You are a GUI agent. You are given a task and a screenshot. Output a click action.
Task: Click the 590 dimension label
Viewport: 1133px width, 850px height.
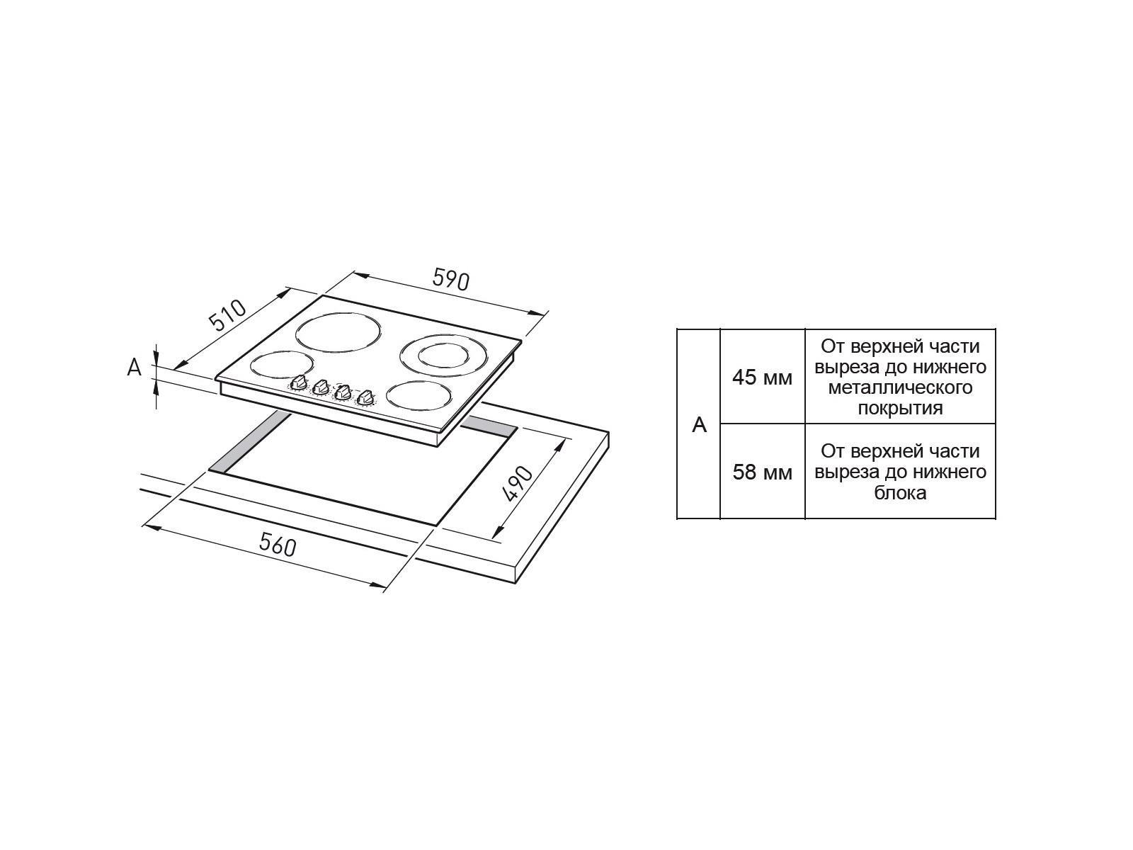pyautogui.click(x=450, y=280)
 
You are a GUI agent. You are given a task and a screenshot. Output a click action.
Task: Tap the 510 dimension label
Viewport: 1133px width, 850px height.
pyautogui.click(x=227, y=314)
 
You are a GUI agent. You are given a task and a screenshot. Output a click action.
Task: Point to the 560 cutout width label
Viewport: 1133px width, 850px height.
pyautogui.click(x=278, y=545)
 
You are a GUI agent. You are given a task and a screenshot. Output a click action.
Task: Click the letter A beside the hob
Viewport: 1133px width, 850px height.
pyautogui.click(x=135, y=368)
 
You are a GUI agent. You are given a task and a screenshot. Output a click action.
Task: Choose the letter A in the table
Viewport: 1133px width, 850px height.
pyautogui.click(x=699, y=425)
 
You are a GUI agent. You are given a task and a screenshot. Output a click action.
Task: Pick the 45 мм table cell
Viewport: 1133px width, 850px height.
pyautogui.click(x=762, y=378)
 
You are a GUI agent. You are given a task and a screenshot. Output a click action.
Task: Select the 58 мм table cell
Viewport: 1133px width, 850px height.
pyautogui.click(x=762, y=472)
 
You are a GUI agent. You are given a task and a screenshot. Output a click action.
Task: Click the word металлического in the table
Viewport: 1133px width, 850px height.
pyautogui.click(x=900, y=387)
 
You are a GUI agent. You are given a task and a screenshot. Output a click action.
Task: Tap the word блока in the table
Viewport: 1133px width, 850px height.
pyautogui.click(x=900, y=492)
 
